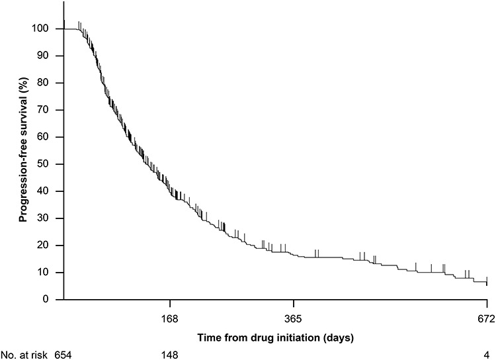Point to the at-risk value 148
(x=170, y=354)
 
